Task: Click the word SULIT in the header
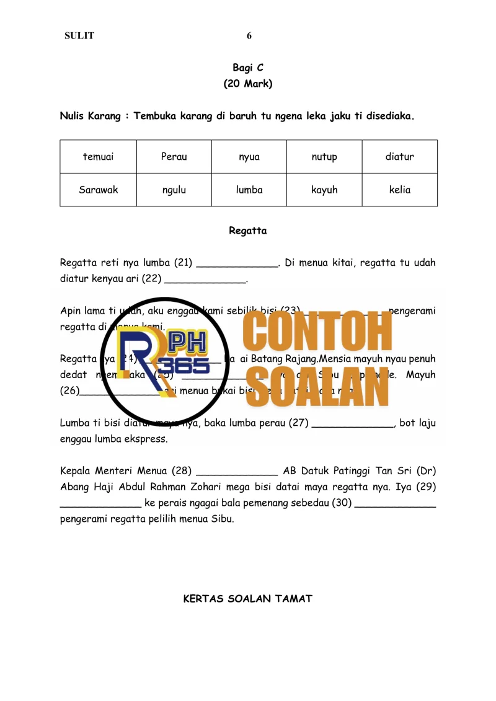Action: [79, 36]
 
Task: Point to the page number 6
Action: [249, 36]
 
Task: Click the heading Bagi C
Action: [248, 68]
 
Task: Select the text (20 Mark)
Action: [248, 84]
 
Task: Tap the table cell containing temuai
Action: [98, 157]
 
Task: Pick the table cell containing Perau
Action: [174, 157]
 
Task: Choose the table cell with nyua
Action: [249, 157]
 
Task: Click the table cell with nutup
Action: [324, 157]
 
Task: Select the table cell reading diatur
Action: [400, 157]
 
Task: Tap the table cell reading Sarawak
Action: [98, 190]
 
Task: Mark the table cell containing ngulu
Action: [174, 190]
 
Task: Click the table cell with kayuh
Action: [324, 190]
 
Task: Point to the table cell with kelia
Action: [400, 190]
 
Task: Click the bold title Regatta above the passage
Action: [248, 231]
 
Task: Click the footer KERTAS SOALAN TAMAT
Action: [248, 599]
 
